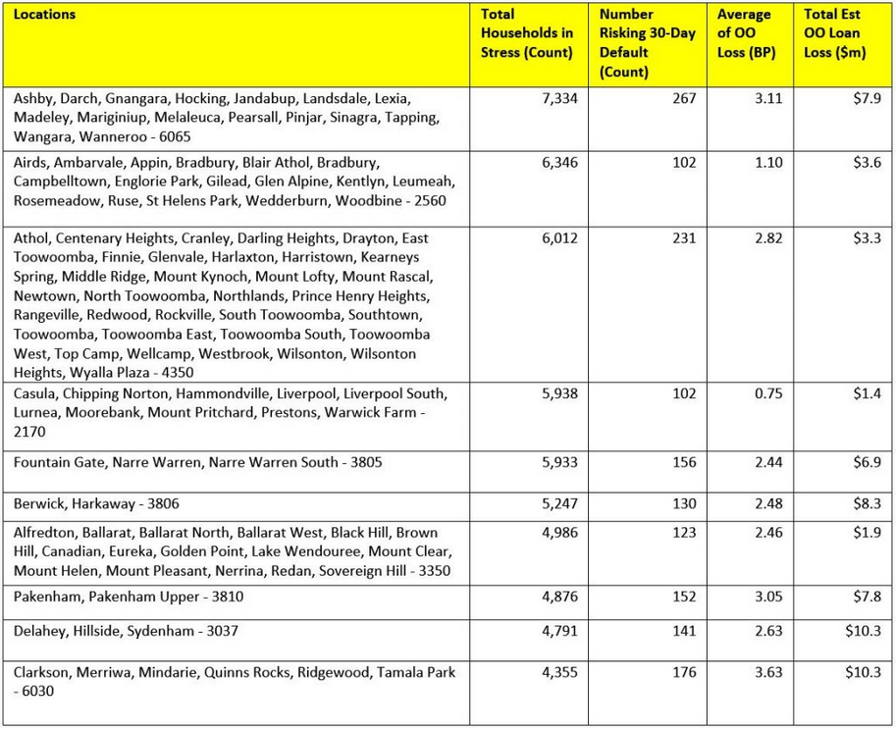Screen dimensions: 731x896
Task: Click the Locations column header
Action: tap(45, 15)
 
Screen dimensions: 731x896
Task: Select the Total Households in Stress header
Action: tap(526, 33)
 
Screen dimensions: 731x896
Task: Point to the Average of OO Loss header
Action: tap(743, 33)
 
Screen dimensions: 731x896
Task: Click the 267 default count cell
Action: tap(683, 99)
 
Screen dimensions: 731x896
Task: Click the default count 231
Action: tap(683, 238)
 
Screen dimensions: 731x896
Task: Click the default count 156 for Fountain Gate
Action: tap(683, 462)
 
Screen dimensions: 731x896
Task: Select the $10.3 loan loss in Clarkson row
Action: tap(865, 672)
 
